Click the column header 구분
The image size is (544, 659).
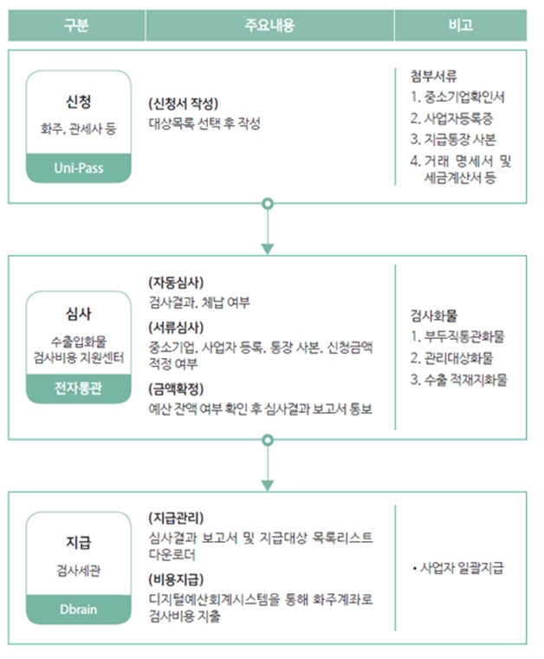point(76,25)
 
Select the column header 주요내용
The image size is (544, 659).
point(269,25)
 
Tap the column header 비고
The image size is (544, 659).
point(461,25)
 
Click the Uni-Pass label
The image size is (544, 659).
point(79,168)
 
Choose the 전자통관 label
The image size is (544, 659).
point(79,388)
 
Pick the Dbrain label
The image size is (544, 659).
point(79,609)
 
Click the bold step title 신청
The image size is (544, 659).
point(79,101)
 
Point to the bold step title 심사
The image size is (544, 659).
point(79,314)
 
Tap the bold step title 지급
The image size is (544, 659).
point(79,542)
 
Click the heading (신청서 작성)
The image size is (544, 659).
point(184,103)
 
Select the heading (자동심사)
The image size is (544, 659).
point(176,283)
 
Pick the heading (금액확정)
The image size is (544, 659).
point(176,388)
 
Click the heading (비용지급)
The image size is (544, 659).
point(176,580)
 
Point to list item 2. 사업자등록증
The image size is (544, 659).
point(451,118)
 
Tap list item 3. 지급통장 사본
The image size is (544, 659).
point(453,139)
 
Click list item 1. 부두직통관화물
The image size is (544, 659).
point(457,336)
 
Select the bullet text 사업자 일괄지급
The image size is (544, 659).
point(462,568)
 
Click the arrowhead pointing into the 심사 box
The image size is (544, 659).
point(268,249)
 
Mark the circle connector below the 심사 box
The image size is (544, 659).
point(268,440)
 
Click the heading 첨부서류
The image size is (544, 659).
point(434,76)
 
